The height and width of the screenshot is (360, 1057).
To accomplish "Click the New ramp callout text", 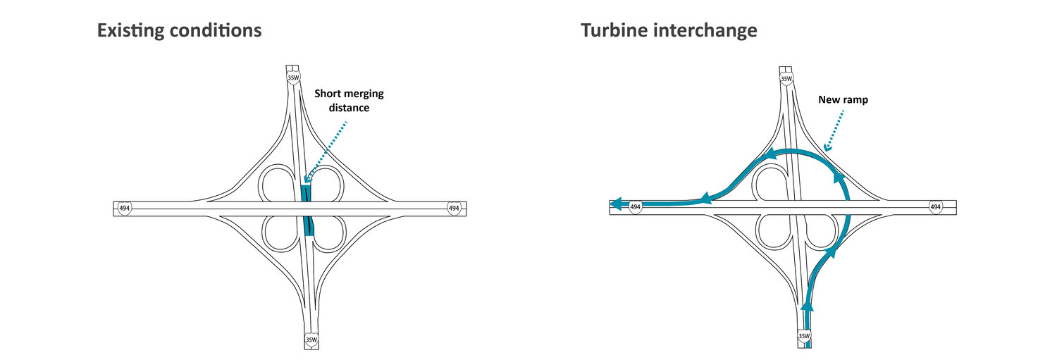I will pos(843,100).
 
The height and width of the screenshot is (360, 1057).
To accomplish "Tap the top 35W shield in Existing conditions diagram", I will pos(293,77).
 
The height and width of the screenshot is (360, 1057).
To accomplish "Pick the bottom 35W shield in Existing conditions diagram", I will pos(311,339).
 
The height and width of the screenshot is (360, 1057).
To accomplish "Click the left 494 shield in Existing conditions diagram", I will pos(125,208).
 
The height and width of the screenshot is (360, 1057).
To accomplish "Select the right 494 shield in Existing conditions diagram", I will pos(453,208).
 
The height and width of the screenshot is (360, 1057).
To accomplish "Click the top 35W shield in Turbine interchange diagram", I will pos(786,77).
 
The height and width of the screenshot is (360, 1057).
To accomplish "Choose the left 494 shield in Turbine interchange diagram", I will pos(636,207).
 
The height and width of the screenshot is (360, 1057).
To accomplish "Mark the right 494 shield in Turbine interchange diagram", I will pos(935,207).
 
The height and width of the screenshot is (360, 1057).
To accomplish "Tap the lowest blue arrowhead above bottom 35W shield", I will pos(808,306).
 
